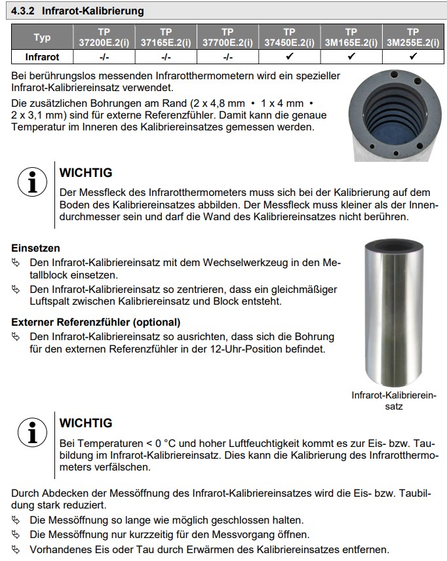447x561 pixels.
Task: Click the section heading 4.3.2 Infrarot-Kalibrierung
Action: [x=78, y=11]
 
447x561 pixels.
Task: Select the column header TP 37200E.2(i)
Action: [x=104, y=37]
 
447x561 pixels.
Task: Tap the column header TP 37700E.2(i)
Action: [x=227, y=37]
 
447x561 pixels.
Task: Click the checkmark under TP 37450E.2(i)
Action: [x=289, y=57]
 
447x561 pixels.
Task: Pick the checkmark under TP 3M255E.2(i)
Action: [x=412, y=57]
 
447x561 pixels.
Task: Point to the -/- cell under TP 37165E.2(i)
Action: [x=165, y=57]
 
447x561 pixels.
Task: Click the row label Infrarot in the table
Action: [x=42, y=57]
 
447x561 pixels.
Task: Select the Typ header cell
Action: [x=42, y=37]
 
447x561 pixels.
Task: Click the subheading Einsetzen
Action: [x=35, y=248]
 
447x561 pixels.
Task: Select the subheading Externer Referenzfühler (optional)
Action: [x=96, y=322]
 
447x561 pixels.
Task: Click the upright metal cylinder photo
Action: [x=394, y=315]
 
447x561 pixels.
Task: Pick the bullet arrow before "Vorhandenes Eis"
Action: [x=16, y=550]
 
